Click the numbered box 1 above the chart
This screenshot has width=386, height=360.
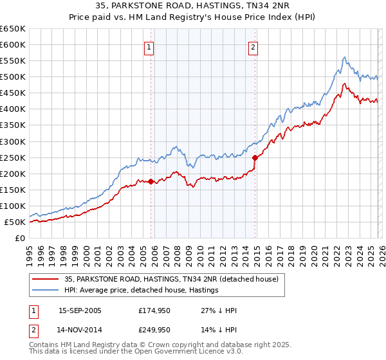(x=149, y=46)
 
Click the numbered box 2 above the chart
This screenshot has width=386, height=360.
(x=253, y=46)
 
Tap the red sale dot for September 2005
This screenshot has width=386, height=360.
(x=151, y=181)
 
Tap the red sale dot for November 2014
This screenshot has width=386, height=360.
(x=255, y=157)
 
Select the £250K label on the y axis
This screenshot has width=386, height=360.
(x=13, y=157)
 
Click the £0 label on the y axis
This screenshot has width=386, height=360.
(x=20, y=238)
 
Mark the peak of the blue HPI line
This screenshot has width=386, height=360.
(x=345, y=57)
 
